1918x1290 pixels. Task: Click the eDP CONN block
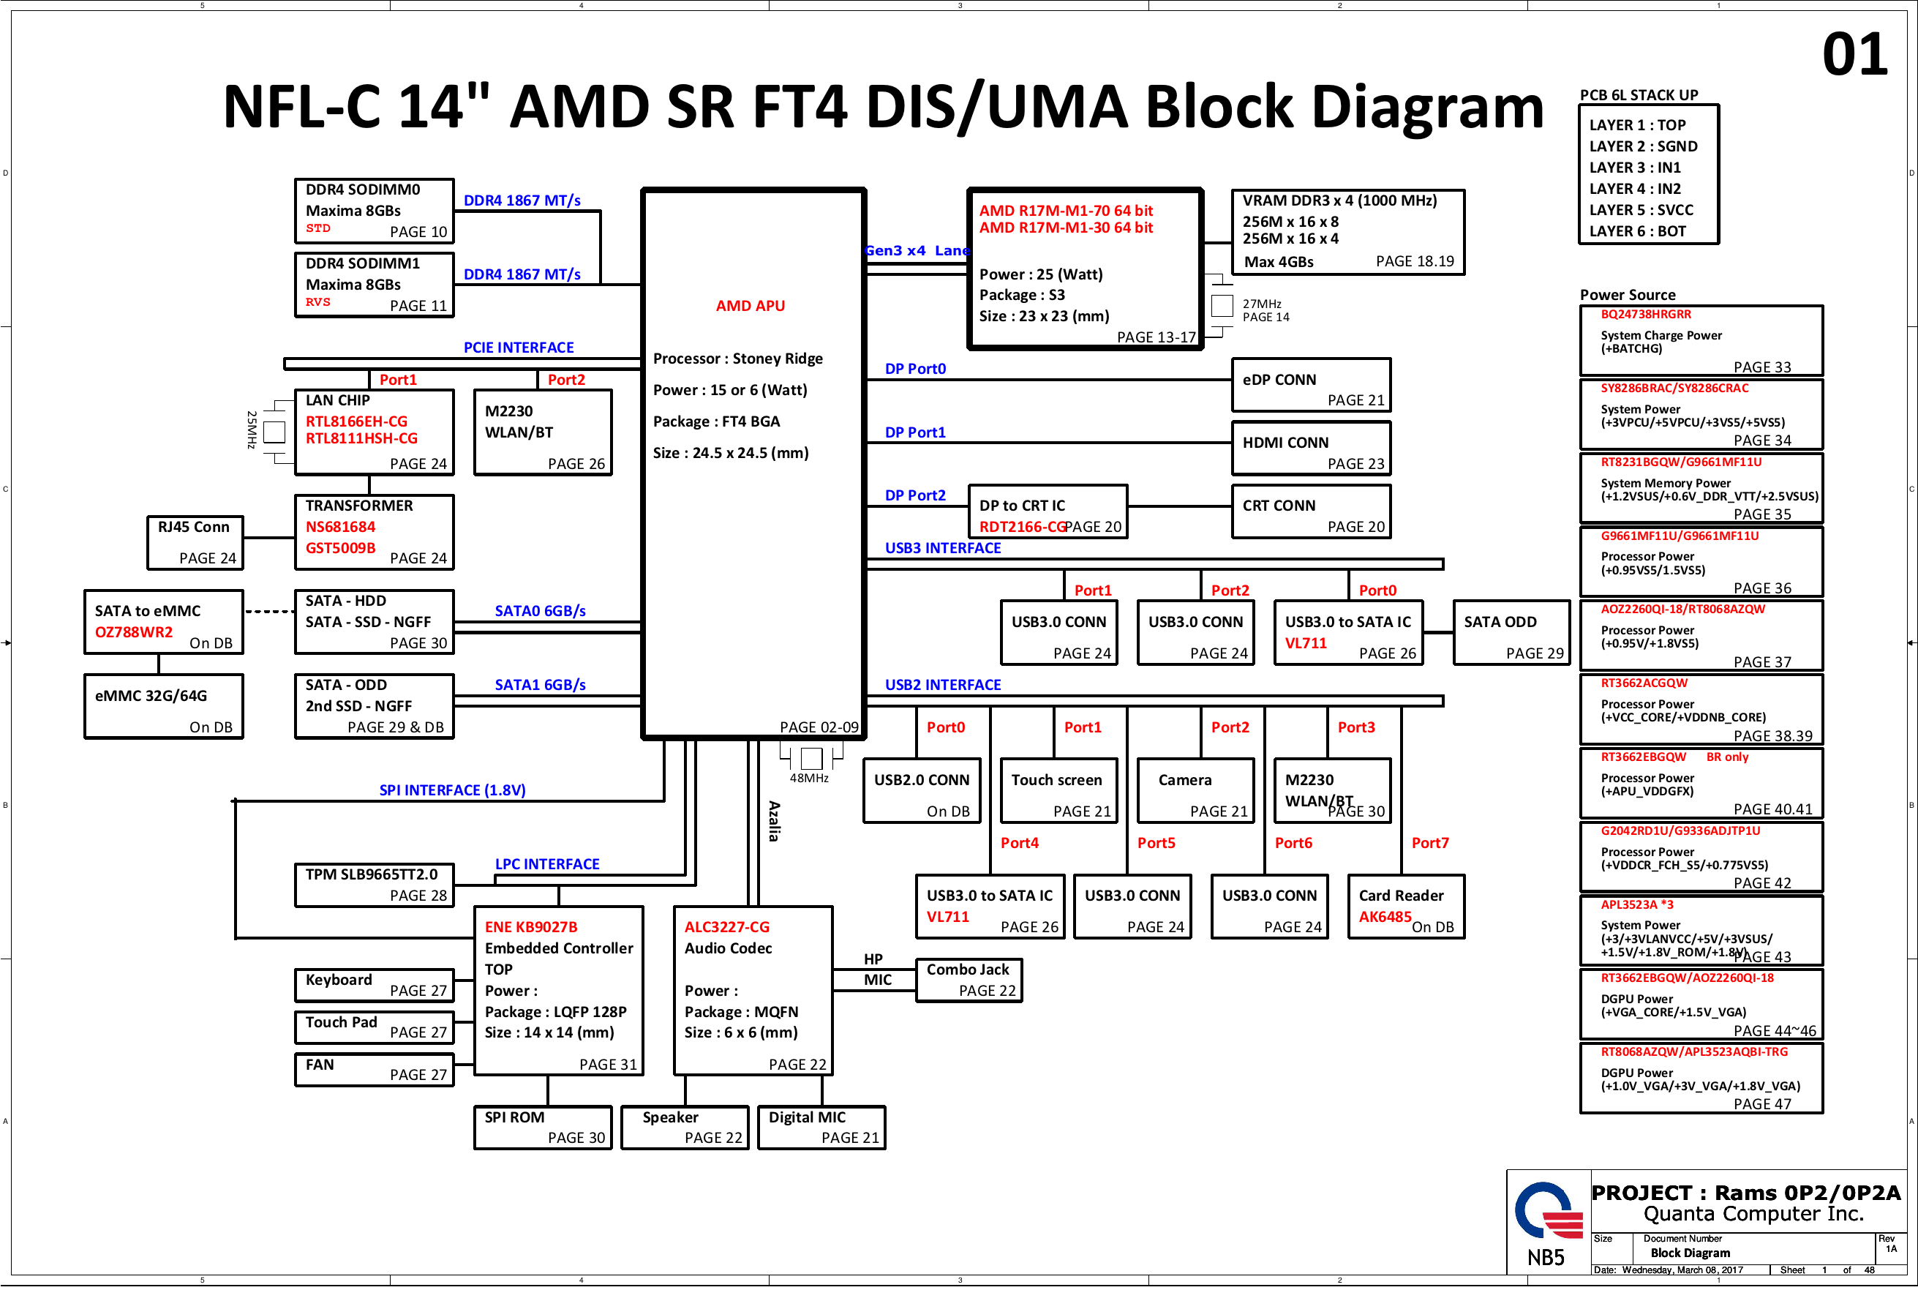(x=1310, y=385)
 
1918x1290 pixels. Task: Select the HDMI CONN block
(x=1310, y=449)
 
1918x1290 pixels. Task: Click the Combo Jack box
(x=968, y=980)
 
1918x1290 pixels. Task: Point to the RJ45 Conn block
(x=195, y=542)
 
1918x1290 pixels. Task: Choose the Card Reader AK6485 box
(x=1406, y=906)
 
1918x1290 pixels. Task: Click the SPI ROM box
(x=542, y=1127)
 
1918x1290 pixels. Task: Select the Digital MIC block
(x=821, y=1127)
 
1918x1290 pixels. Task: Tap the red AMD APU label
(x=750, y=306)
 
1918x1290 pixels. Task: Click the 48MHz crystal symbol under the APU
(x=811, y=758)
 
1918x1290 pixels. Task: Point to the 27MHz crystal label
(x=1262, y=304)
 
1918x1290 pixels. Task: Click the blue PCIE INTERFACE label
(x=518, y=348)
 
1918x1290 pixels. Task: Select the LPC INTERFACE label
(x=547, y=864)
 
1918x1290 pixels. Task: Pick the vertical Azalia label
(x=774, y=821)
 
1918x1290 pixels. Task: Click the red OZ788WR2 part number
(x=133, y=632)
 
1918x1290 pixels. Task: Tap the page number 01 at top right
(x=1854, y=55)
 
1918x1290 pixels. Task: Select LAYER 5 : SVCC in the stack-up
(x=1641, y=210)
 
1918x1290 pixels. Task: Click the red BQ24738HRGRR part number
(x=1646, y=315)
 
